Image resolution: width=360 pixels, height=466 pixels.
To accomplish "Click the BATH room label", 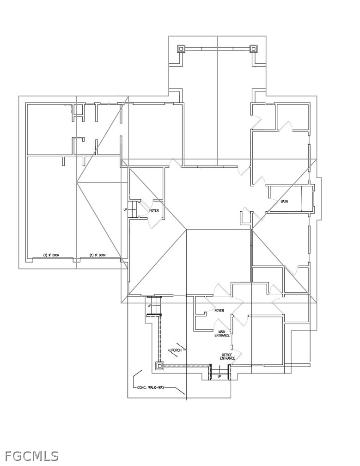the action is tap(284, 201).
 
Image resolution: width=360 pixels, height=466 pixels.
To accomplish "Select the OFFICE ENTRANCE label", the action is tap(227, 356).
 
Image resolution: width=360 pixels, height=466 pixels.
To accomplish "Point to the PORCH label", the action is tap(176, 350).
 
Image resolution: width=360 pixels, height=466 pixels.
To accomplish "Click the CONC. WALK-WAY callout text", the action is tap(151, 387).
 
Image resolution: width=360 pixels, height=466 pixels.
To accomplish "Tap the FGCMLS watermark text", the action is tap(31, 456).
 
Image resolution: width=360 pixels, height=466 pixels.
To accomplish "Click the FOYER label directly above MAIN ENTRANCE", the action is tap(219, 311).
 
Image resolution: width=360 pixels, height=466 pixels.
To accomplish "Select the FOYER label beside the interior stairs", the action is tap(154, 210).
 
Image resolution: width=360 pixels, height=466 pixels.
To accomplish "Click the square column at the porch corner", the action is tap(160, 366).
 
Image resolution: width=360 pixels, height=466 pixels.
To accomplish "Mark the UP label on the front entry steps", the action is tap(220, 376).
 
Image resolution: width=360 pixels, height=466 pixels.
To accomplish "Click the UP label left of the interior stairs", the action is tap(125, 209).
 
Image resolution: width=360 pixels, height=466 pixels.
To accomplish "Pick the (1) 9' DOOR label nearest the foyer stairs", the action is tap(98, 255).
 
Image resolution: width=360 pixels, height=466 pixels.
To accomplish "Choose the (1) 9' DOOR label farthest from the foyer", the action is tap(51, 255).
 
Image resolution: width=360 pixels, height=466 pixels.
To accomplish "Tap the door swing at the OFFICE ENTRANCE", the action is tap(238, 353).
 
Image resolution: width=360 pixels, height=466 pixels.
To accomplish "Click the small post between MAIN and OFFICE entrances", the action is tap(232, 347).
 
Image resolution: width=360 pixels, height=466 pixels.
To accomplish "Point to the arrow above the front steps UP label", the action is tap(220, 370).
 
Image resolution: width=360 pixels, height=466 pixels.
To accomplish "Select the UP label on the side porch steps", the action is tap(150, 306).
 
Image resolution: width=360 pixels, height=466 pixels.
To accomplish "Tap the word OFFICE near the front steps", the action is tap(227, 355).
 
